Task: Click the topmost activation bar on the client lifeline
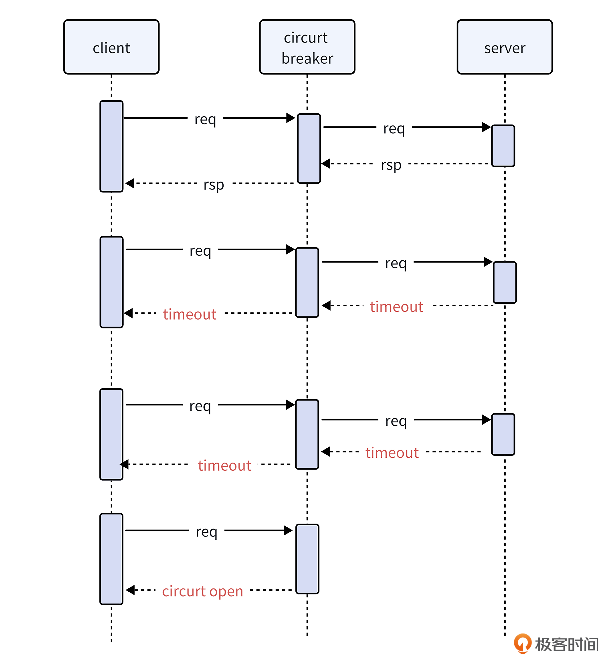click(x=112, y=146)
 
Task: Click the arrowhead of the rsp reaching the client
click(x=130, y=183)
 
